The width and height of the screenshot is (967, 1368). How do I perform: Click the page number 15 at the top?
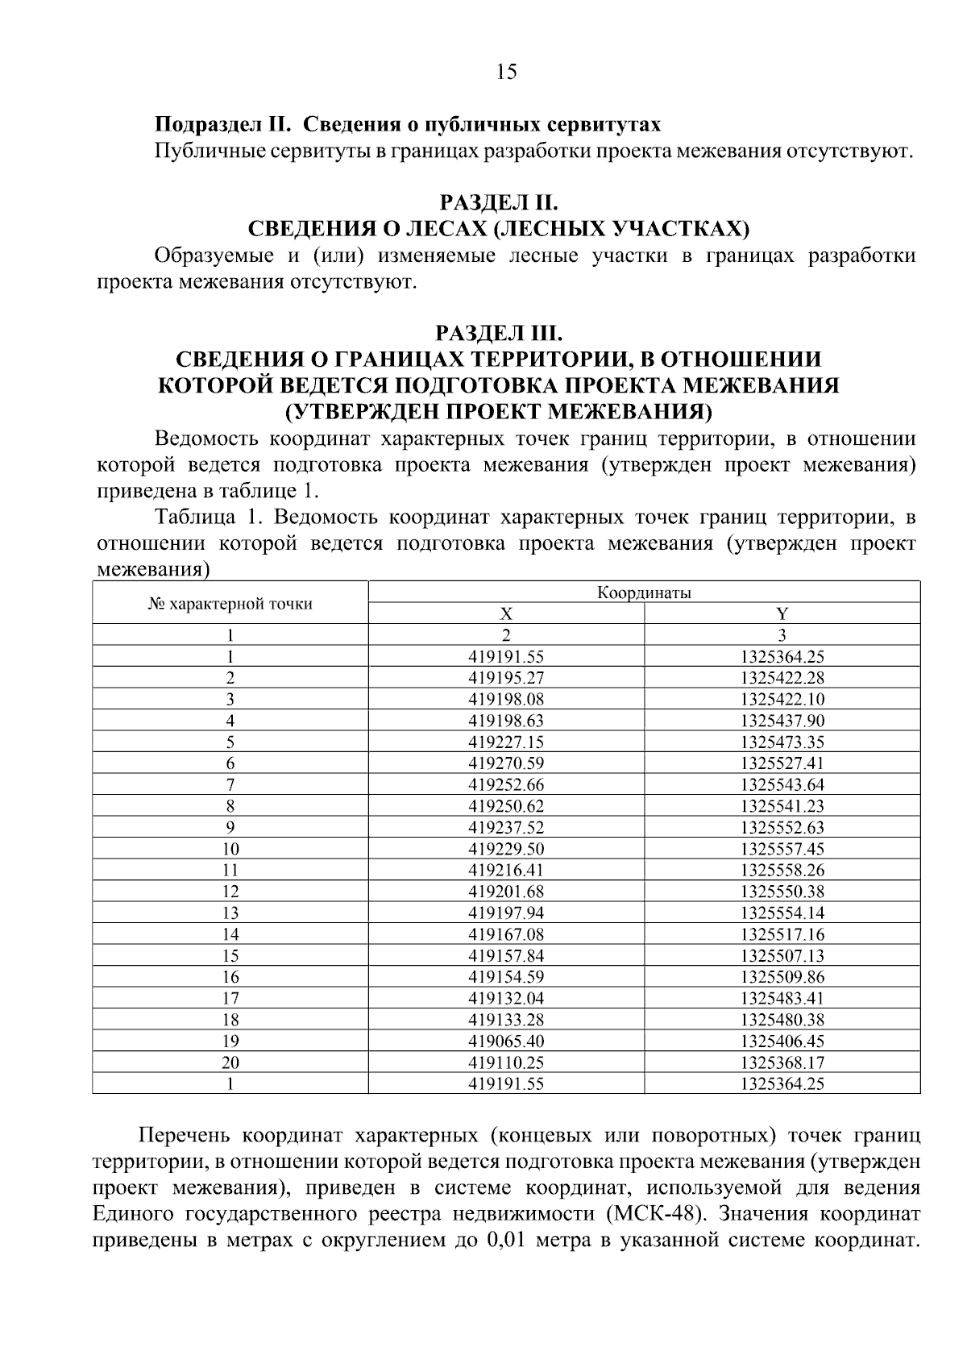(x=505, y=73)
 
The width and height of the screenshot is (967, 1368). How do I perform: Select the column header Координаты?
(x=644, y=593)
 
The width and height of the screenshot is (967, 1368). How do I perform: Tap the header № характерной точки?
(x=230, y=603)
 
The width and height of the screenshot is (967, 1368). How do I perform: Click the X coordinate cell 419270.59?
(x=506, y=763)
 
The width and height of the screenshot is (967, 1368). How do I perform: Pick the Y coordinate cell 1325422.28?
(x=782, y=678)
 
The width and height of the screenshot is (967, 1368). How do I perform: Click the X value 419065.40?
(x=506, y=1041)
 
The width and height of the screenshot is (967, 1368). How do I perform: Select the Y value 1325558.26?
(x=782, y=870)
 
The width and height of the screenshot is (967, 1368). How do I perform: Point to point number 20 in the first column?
(x=230, y=1062)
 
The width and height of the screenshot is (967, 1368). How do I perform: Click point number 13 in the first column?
(x=230, y=913)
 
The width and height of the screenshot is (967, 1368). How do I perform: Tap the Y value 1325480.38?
(x=782, y=1020)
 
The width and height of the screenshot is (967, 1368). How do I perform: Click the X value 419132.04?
(x=506, y=998)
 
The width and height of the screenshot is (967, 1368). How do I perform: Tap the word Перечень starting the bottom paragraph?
(x=185, y=1137)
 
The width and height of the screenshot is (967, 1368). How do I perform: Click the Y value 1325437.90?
(x=782, y=721)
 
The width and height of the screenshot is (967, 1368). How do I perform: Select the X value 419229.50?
(x=506, y=849)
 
